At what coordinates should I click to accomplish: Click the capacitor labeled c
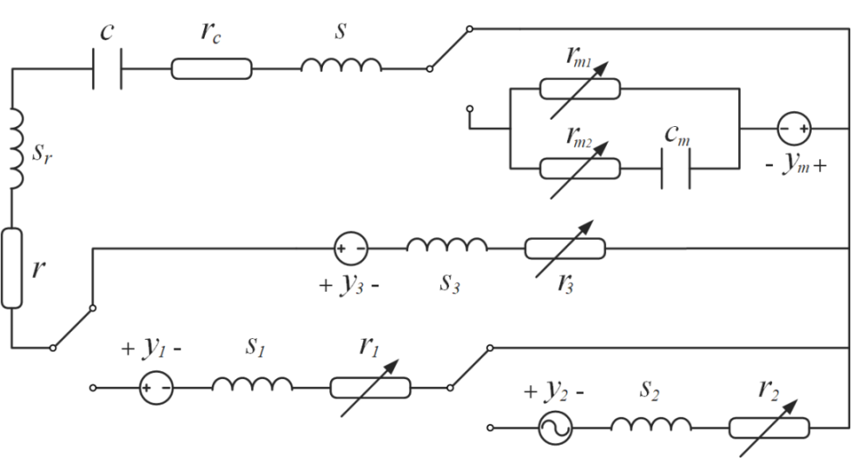coord(107,68)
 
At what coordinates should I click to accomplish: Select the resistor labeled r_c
coord(211,68)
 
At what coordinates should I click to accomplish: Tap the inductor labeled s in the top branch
coord(341,67)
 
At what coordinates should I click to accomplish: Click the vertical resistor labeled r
coord(12,267)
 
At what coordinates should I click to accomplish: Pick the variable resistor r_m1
coord(580,88)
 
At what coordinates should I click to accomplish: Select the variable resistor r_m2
coord(580,166)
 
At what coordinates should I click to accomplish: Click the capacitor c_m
coord(676,166)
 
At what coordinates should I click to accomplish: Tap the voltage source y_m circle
coord(794,130)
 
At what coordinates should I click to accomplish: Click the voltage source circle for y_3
coord(351,249)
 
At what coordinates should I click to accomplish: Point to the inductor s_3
coord(447,246)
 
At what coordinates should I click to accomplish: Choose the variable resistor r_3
coord(565,249)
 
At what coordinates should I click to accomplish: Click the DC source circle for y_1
coord(156,386)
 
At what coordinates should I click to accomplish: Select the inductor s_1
coord(252,384)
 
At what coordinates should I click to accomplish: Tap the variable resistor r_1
coord(369,386)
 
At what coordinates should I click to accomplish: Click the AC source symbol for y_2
coord(555,428)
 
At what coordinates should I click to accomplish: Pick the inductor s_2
coord(651,426)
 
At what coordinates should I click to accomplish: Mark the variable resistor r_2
coord(769,428)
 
